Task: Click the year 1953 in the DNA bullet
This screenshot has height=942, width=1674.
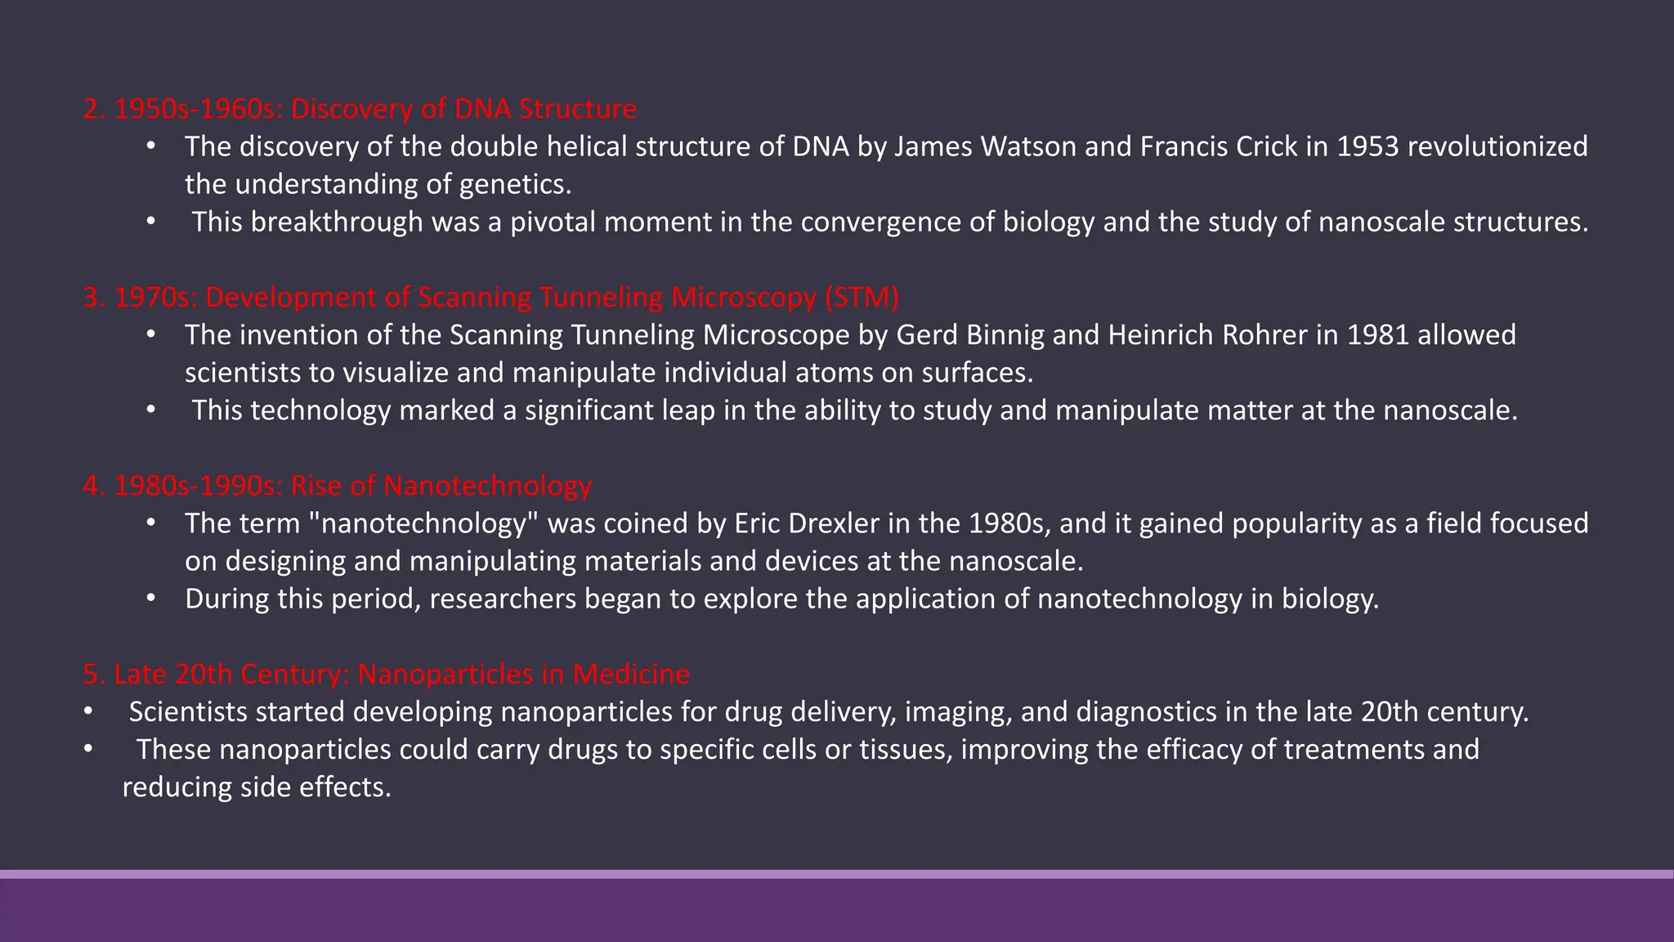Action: click(x=1367, y=146)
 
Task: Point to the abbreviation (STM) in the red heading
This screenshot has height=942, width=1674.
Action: click(x=862, y=297)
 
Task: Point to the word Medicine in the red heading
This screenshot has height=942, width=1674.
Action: click(x=631, y=674)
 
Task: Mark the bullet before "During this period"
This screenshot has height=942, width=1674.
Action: click(x=151, y=599)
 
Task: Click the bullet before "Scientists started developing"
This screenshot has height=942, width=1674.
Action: click(x=87, y=711)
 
